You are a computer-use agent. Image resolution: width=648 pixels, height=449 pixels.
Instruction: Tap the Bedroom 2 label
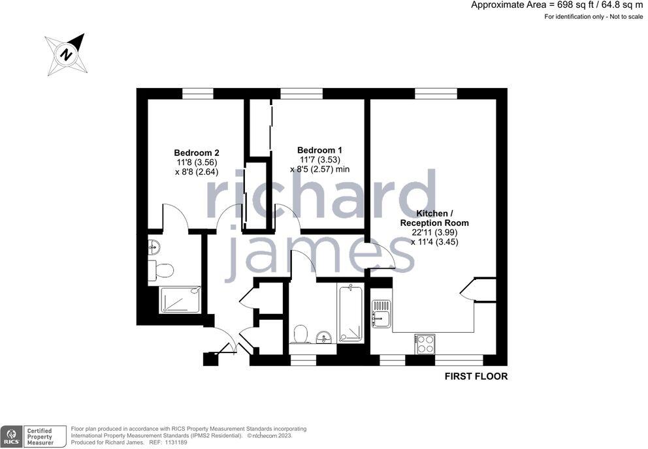click(x=196, y=153)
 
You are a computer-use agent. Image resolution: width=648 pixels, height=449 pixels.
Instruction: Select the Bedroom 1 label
click(x=319, y=150)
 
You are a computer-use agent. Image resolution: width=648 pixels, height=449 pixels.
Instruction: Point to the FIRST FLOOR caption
click(x=476, y=377)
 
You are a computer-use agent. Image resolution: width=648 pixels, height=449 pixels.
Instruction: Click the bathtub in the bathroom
click(x=350, y=313)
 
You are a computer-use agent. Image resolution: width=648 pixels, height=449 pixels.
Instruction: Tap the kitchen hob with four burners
click(x=425, y=343)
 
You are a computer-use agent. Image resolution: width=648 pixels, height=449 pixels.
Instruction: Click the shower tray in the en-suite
click(x=180, y=300)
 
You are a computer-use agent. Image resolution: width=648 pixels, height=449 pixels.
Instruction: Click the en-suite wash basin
click(x=154, y=247)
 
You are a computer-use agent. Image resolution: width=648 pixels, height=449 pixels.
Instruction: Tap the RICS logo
click(x=10, y=437)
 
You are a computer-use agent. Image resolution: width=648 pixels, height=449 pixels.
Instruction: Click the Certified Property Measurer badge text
click(x=44, y=436)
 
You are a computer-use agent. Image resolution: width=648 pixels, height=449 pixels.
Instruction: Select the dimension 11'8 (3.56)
click(x=196, y=163)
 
